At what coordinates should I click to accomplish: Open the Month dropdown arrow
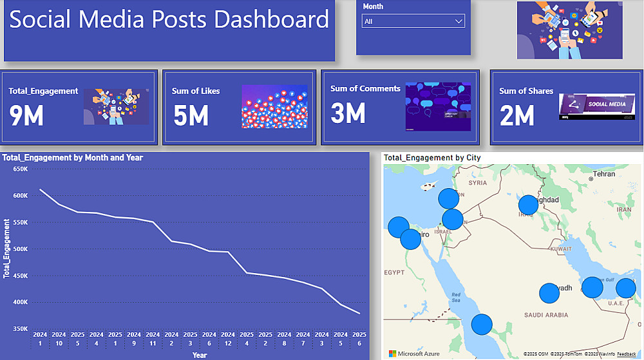click(x=459, y=21)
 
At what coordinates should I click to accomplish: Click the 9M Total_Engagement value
click(x=26, y=115)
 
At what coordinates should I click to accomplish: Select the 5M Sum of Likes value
click(x=191, y=115)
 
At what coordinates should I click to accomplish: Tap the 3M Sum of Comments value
click(x=348, y=113)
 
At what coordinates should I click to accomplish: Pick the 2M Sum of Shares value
click(x=517, y=115)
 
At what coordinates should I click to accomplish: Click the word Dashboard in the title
click(x=271, y=19)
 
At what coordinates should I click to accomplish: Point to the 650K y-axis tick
click(x=21, y=169)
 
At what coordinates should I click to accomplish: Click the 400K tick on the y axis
click(x=21, y=302)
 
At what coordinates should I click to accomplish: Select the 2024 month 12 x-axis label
click(x=228, y=339)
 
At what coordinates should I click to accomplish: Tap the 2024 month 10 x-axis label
click(x=59, y=339)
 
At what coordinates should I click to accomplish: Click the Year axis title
click(x=200, y=355)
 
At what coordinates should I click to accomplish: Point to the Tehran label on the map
click(x=604, y=174)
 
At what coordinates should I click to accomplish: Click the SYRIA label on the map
click(x=478, y=183)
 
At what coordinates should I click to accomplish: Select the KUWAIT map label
click(x=562, y=249)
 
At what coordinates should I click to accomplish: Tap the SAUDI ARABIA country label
click(x=546, y=315)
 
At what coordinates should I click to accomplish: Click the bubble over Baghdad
click(x=528, y=205)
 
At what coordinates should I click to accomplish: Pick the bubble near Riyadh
click(x=549, y=294)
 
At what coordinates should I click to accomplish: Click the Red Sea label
click(x=456, y=297)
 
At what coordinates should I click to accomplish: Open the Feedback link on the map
click(x=627, y=354)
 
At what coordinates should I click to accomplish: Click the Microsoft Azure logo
click(x=415, y=354)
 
